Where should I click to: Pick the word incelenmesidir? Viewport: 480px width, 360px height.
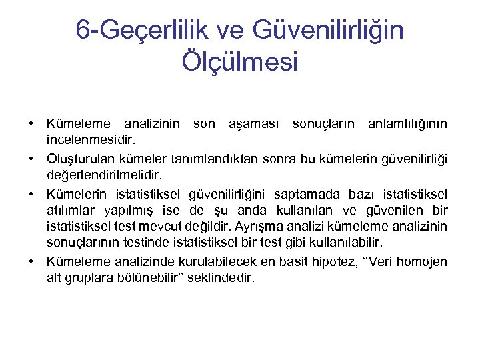coord(91,141)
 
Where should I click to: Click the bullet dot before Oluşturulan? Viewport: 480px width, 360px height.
coord(31,159)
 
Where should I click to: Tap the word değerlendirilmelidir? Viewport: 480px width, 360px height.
coord(105,176)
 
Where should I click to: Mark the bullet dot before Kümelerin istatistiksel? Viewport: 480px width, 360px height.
coord(31,194)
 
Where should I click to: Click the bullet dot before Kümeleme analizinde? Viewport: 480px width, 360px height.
coord(31,263)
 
